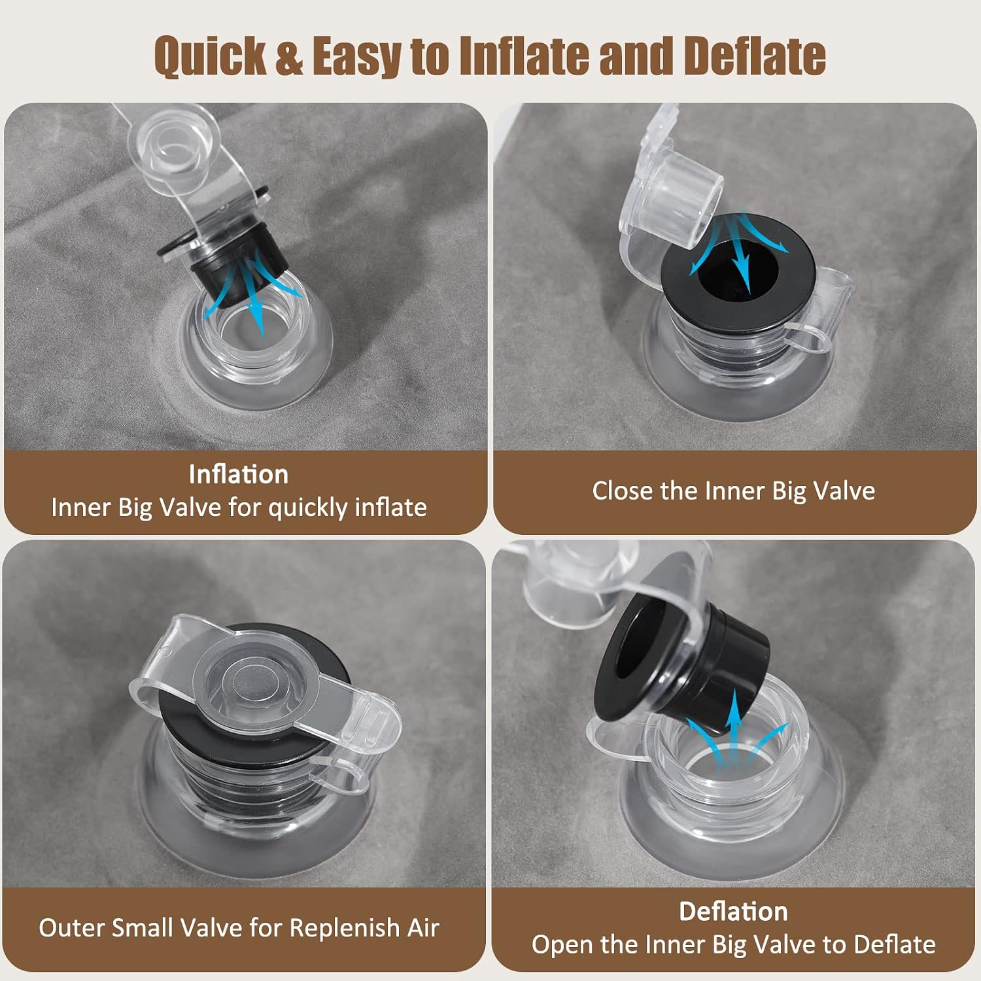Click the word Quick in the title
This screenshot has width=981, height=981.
click(x=211, y=56)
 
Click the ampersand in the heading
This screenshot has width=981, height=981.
click(x=289, y=56)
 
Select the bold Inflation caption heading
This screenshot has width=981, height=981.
click(x=239, y=474)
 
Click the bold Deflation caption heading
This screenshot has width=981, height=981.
click(x=733, y=911)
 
